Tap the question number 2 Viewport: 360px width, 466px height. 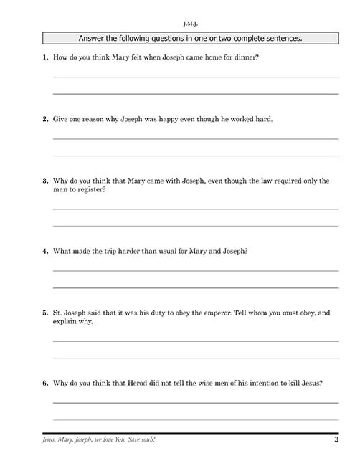[x=45, y=118]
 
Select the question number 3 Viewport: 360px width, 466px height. [x=45, y=181]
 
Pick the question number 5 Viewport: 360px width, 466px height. [x=45, y=313]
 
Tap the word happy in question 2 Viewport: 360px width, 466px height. [x=177, y=118]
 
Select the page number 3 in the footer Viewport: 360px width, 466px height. [x=336, y=439]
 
